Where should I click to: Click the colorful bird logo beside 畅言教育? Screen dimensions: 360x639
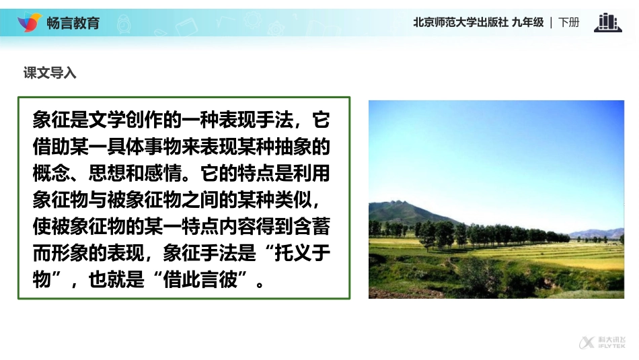pyautogui.click(x=29, y=22)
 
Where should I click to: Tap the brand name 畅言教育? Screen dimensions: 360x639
pyautogui.click(x=73, y=23)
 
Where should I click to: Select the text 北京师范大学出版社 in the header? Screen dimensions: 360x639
pyautogui.click(x=460, y=22)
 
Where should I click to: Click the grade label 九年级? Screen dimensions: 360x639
pyautogui.click(x=527, y=22)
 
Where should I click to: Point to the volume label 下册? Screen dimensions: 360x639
pyautogui.click(x=568, y=22)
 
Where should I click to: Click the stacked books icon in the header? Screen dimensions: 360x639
pyautogui.click(x=607, y=22)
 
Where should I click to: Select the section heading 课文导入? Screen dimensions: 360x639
pyautogui.click(x=50, y=73)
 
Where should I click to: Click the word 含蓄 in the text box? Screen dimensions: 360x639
pyautogui.click(x=311, y=226)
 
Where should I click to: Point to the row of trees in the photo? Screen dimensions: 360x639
pyautogui.click(x=484, y=234)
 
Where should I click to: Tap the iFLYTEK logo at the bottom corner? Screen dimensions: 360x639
pyautogui.click(x=602, y=343)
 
